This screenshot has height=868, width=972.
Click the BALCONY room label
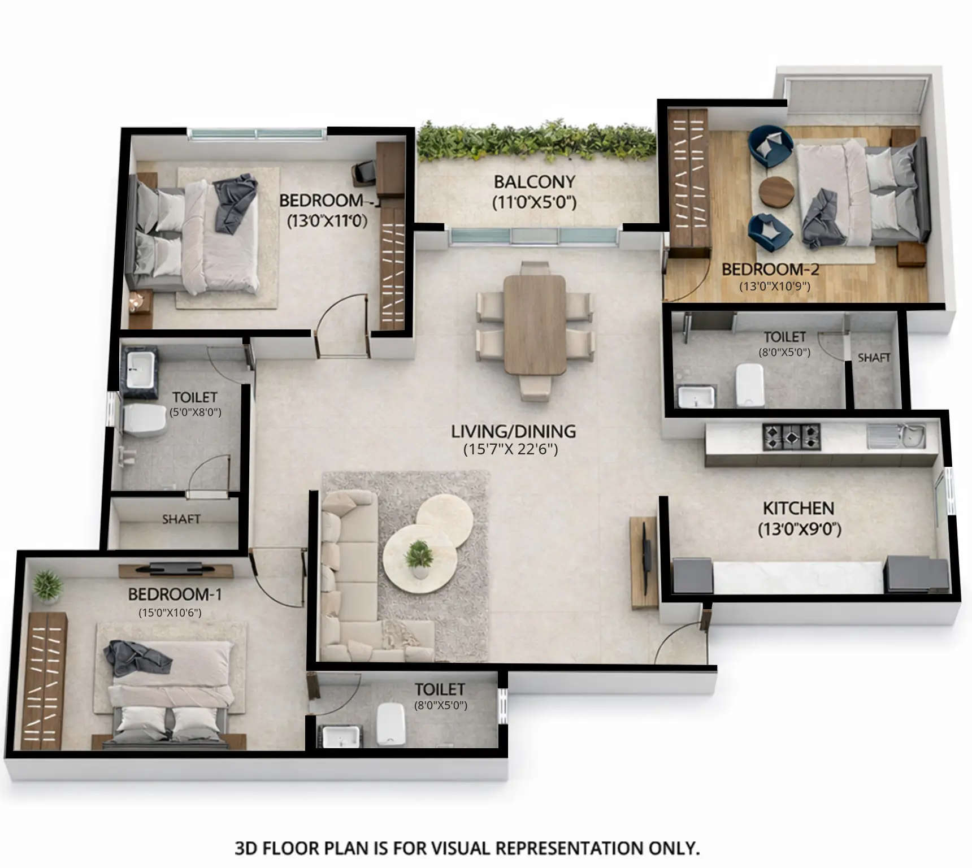point(534,182)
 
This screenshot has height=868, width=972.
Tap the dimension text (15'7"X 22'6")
point(510,450)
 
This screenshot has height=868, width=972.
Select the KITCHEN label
point(798,508)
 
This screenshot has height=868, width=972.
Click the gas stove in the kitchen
point(791,436)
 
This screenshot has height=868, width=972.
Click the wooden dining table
point(535,324)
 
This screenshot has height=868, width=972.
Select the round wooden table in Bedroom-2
point(776,192)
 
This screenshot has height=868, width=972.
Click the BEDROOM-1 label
point(175,594)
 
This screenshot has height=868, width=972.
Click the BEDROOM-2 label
point(770,269)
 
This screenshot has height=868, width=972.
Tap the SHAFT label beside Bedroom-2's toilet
point(874,358)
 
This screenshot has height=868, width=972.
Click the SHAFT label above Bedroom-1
point(181,519)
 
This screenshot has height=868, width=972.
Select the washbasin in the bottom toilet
point(340,735)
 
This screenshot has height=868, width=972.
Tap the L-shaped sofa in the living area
point(345,582)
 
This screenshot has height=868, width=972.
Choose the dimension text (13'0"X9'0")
point(799,530)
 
